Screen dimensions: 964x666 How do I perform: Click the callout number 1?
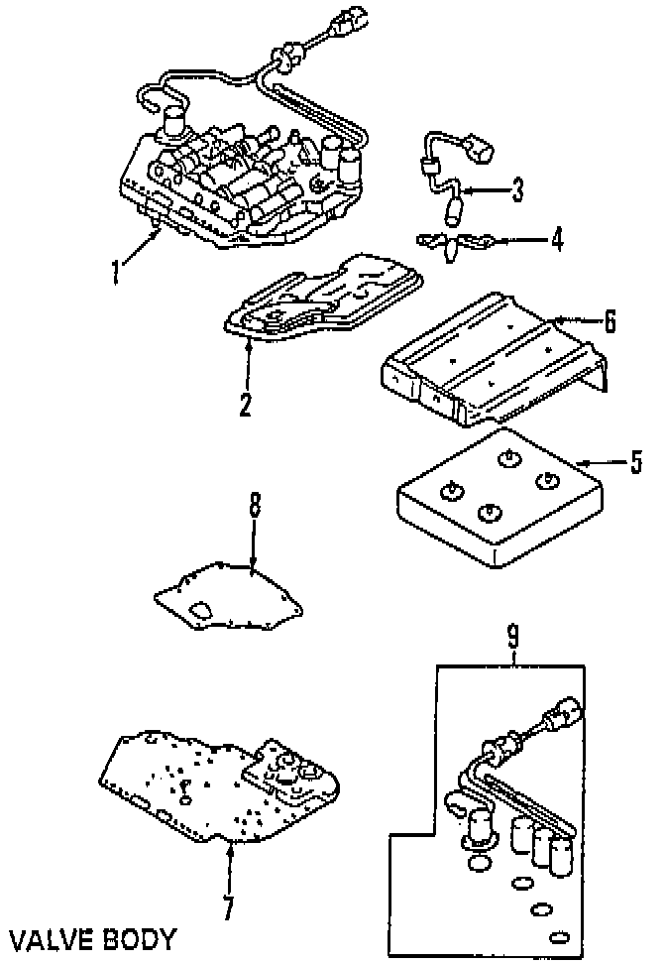coord(116,270)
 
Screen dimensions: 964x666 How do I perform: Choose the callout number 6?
coord(610,320)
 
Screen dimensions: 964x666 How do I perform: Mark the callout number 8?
coord(254,507)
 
